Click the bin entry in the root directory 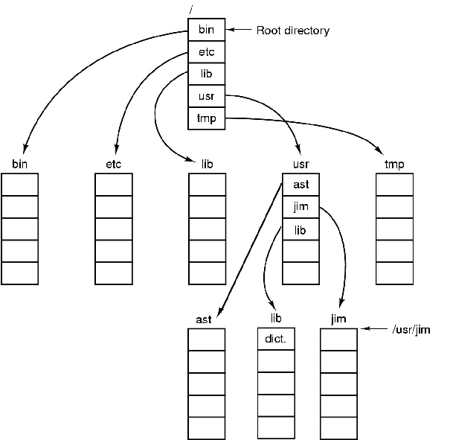pos(206,30)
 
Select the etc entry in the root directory pos(206,52)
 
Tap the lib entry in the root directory pos(206,74)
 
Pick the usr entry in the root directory pos(206,96)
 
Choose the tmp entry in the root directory pos(206,118)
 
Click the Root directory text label pos(292,31)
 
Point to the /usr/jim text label pos(411,328)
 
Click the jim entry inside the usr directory pos(300,208)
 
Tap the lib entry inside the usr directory pos(300,230)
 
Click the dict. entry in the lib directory pos(276,339)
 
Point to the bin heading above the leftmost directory pos(20,163)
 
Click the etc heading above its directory pos(114,163)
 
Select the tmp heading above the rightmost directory pos(394,163)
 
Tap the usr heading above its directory pos(300,163)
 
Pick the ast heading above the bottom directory pos(204,319)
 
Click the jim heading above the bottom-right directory pos(338,319)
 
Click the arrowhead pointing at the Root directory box pos(231,30)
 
